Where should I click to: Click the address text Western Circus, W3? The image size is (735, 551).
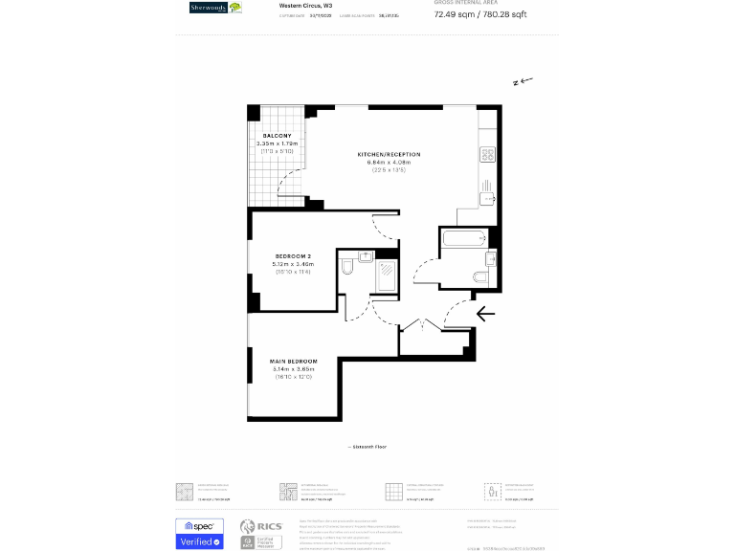pyautogui.click(x=299, y=6)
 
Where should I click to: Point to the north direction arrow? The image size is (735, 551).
pyautogui.click(x=523, y=82)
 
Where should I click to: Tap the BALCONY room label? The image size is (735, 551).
pyautogui.click(x=277, y=136)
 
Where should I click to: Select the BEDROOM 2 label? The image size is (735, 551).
pyautogui.click(x=293, y=255)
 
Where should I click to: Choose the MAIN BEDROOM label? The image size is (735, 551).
pyautogui.click(x=293, y=361)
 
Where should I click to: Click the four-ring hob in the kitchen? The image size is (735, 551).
pyautogui.click(x=486, y=154)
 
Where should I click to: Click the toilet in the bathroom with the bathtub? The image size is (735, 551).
pyautogui.click(x=481, y=276)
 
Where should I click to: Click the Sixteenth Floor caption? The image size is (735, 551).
pyautogui.click(x=367, y=447)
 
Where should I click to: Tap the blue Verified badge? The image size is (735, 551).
pyautogui.click(x=199, y=541)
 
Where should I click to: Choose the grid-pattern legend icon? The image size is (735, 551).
pyautogui.click(x=392, y=491)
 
